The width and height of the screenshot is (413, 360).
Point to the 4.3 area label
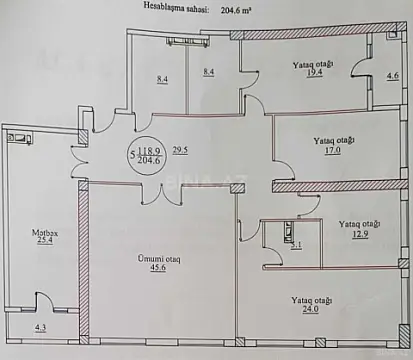40,328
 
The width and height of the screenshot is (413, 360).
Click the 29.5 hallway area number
181,151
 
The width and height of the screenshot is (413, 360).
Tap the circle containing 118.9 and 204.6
151,158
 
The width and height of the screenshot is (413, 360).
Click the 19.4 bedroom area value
313,75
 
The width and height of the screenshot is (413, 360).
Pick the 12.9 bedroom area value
358,234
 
